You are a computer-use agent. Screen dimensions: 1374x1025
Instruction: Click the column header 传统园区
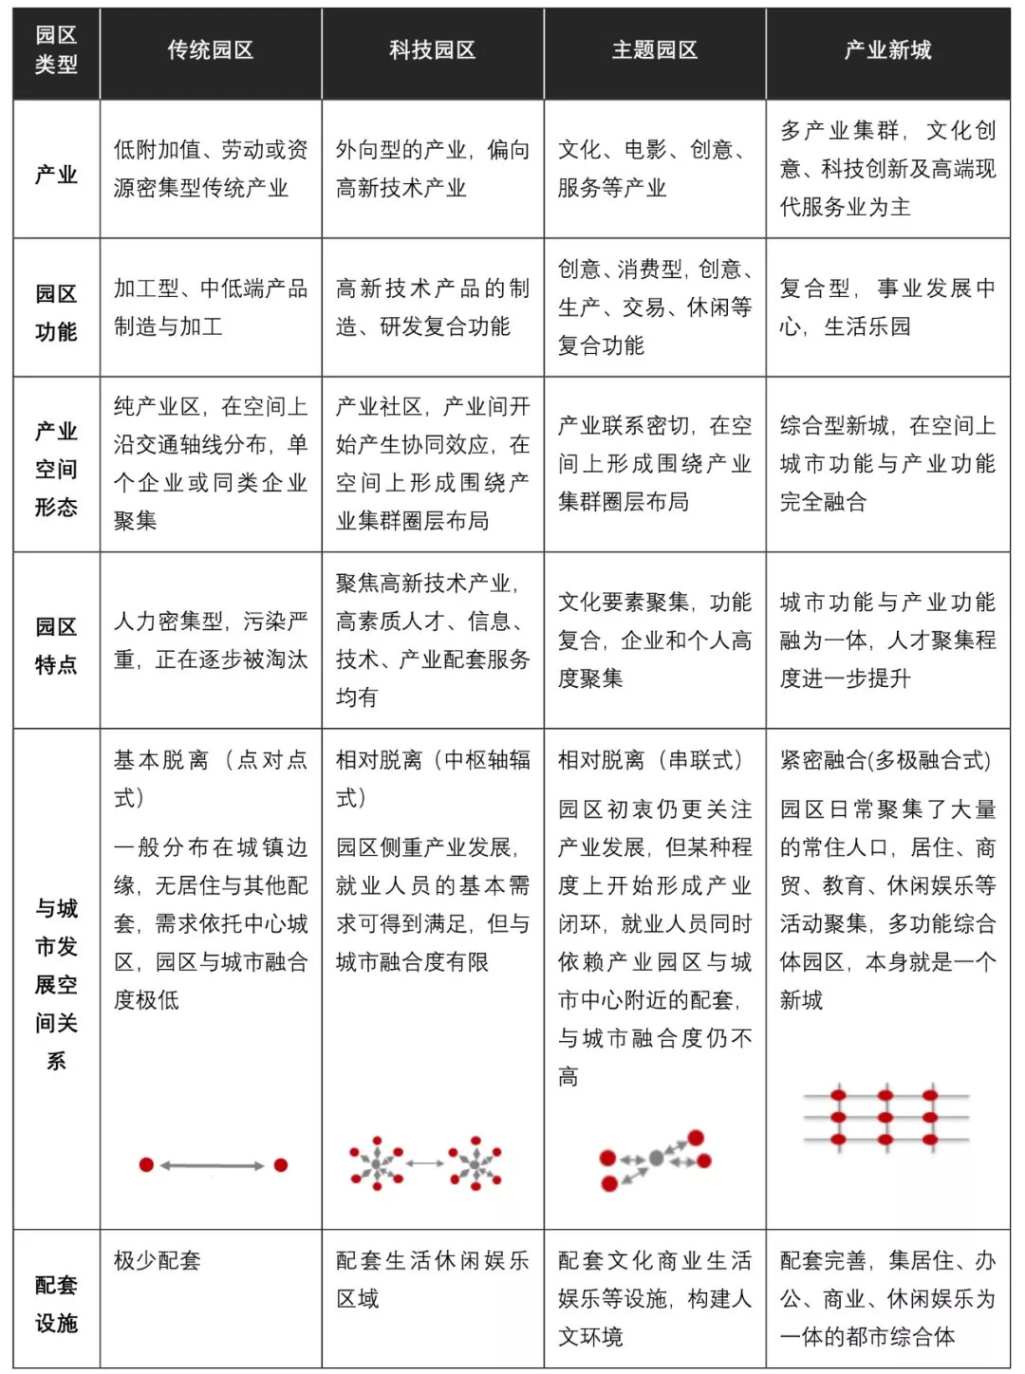211,50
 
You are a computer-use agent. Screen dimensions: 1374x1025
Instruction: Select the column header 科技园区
433,50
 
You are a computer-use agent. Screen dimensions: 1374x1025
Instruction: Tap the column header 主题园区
655,50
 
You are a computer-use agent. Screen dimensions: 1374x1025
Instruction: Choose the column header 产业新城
887,50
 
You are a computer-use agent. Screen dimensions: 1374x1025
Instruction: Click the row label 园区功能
56,312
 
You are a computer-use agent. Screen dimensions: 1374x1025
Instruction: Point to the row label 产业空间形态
56,469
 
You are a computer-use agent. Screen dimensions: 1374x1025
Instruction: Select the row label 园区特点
56,645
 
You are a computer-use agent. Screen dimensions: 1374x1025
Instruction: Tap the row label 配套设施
56,1304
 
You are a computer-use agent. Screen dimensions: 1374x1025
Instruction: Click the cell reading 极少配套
158,1261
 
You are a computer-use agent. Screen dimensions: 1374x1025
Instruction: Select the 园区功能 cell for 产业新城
887,307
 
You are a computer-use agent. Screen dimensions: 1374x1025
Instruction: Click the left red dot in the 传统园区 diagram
146,1164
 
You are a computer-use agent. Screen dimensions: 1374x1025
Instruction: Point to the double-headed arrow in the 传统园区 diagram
213,1165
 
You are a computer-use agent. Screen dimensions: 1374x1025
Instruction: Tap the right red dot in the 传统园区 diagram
281,1164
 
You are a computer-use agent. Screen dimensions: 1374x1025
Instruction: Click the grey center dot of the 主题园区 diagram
656,1159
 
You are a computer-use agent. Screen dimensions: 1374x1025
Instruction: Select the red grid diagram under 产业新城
885,1118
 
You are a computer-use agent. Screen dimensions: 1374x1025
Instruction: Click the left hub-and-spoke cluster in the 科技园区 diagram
376,1162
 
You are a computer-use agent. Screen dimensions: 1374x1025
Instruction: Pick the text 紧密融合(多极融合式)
885,760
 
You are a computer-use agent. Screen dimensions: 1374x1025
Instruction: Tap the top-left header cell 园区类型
56,50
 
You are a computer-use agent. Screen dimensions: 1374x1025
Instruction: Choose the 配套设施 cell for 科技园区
433,1279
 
